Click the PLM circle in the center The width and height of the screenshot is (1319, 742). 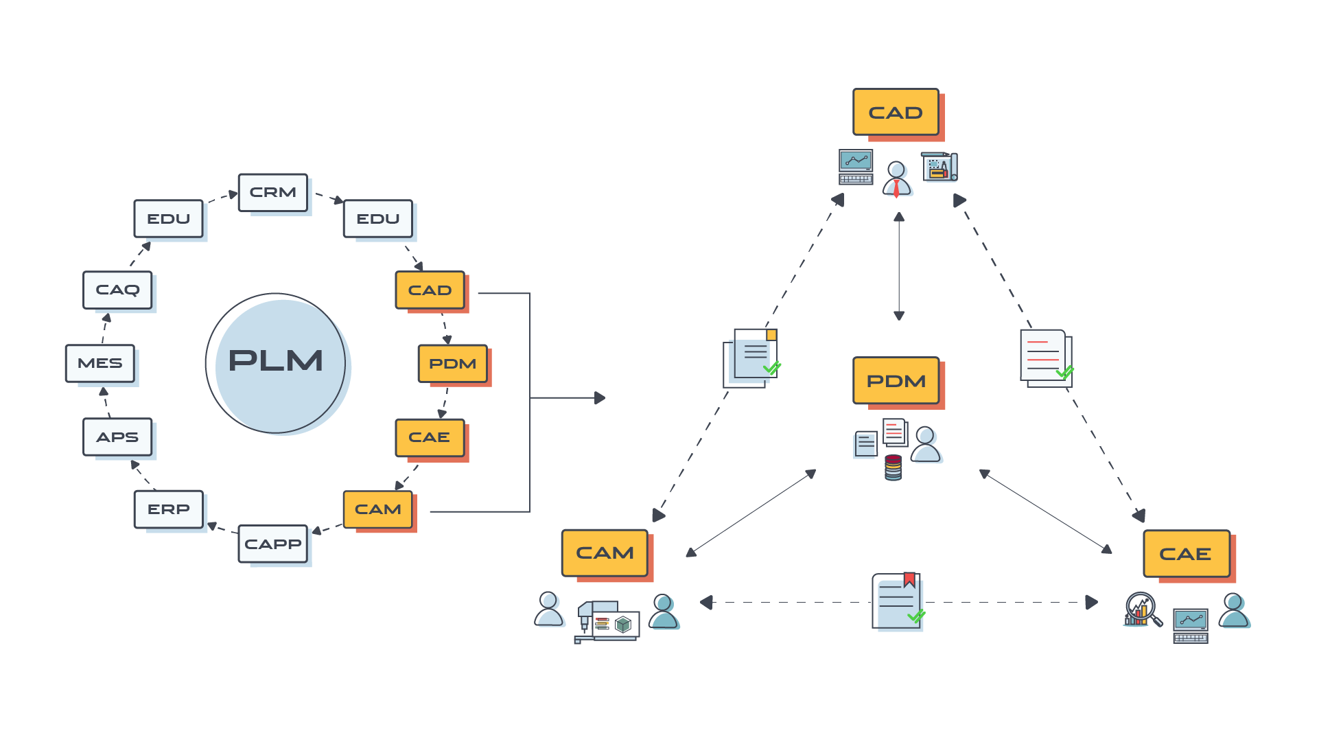[x=276, y=363]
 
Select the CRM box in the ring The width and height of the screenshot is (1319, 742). [x=272, y=193]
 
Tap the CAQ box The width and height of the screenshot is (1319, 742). [x=117, y=290]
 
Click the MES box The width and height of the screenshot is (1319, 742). [x=100, y=363]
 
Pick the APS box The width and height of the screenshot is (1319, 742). [x=117, y=437]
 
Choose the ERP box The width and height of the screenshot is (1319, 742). [x=169, y=509]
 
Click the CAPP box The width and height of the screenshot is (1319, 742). [x=272, y=544]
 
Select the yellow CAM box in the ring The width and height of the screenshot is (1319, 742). [x=378, y=509]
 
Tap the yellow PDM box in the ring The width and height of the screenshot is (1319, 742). [x=453, y=364]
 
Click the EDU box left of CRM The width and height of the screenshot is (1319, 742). [x=169, y=219]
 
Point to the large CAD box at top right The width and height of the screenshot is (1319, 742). [x=896, y=113]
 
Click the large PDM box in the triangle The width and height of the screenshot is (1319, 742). [x=896, y=381]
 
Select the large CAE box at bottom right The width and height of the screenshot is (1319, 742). [x=1186, y=553]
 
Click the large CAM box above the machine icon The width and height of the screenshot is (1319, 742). [x=605, y=553]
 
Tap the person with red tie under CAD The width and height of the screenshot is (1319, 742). [x=896, y=179]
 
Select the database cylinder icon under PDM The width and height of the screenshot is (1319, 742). [x=893, y=467]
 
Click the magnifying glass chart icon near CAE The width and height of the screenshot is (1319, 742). [x=1142, y=609]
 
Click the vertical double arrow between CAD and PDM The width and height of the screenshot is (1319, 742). [x=898, y=266]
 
